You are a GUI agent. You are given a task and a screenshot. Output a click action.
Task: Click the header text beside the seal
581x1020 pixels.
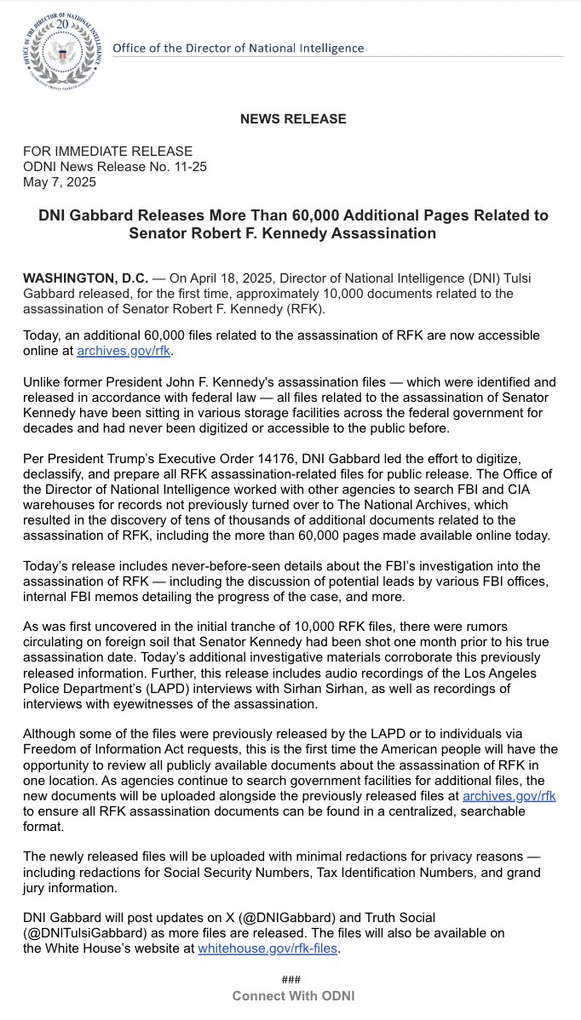point(238,48)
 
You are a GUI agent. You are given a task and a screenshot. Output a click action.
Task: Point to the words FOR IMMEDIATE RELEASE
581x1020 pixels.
point(107,151)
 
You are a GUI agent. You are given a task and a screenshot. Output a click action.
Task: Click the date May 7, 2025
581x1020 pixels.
point(59,181)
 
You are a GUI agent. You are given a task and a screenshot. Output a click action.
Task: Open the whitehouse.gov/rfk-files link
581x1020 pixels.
point(268,947)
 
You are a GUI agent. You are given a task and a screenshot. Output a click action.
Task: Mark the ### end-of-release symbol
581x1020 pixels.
point(290,980)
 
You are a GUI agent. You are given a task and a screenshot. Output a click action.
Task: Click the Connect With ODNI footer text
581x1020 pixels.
point(293,996)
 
